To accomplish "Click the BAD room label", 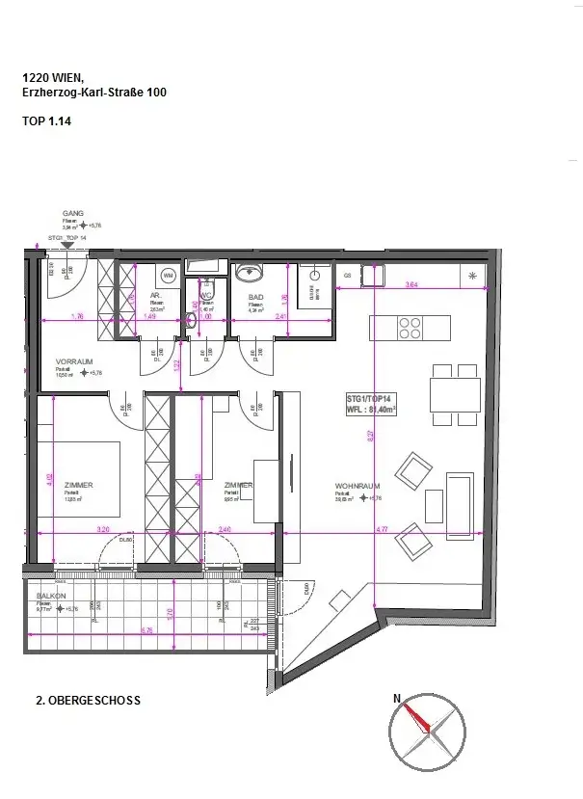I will tap(255, 298).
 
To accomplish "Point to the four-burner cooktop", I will tap(410, 328).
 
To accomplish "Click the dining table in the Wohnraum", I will tap(456, 394).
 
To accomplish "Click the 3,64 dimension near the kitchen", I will tap(411, 284).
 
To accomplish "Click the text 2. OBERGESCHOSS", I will tap(88, 701).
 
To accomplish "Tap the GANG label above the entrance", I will tap(73, 213).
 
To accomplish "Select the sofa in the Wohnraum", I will tap(460, 492).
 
